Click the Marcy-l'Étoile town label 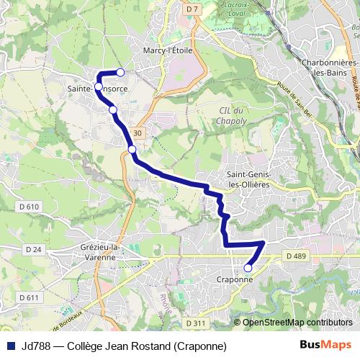168,51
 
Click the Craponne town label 235,279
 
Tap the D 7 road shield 191,9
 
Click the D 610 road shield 30,207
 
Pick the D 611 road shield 30,297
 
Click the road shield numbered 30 138,132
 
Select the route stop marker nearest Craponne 248,268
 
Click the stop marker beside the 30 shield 132,150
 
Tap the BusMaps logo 325,345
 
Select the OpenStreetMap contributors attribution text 297,323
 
